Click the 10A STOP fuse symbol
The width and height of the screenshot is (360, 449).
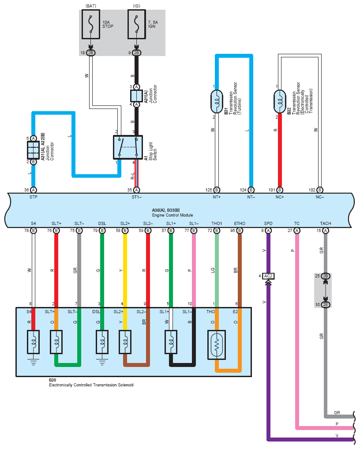[91, 24]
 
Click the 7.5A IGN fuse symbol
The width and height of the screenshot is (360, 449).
[137, 24]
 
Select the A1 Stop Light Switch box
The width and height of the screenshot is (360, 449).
[128, 147]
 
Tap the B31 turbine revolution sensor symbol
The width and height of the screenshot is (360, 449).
[217, 101]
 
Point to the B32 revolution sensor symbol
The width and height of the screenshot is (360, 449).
[280, 101]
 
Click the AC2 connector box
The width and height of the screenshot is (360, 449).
[268, 276]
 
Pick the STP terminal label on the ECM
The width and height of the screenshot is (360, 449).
[34, 197]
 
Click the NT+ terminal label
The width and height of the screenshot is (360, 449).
[217, 197]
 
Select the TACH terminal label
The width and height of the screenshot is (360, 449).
[326, 223]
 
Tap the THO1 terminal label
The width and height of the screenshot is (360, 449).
[217, 223]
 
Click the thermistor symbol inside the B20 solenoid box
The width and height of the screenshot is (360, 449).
[217, 345]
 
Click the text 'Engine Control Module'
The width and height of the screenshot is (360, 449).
[172, 215]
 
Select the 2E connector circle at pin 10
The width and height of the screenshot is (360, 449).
[326, 305]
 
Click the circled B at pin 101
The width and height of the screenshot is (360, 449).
[280, 190]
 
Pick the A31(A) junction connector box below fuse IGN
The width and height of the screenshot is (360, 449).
[137, 96]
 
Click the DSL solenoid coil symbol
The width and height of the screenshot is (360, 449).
[102, 342]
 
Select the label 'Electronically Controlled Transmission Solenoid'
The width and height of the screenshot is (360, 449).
[91, 385]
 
